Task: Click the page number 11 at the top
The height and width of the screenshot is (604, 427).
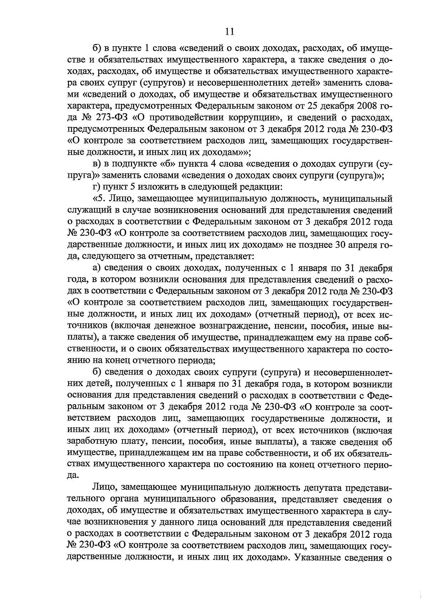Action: coord(230,32)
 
